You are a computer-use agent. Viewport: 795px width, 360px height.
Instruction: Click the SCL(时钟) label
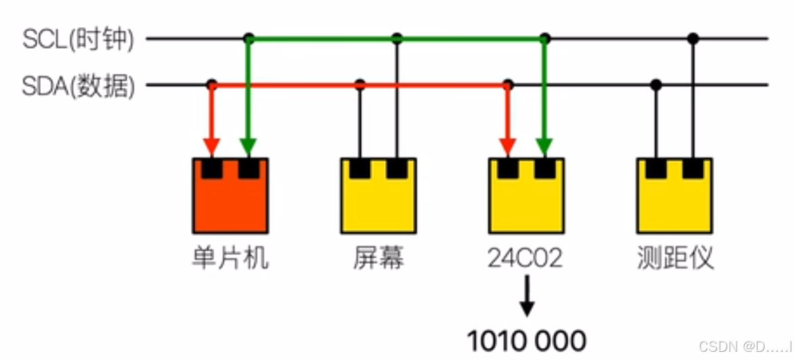coord(79,39)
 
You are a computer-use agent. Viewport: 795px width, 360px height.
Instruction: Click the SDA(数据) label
coord(79,86)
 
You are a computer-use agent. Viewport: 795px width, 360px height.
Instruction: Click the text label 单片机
coord(230,258)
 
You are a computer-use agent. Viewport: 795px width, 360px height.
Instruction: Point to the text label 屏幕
coord(378,258)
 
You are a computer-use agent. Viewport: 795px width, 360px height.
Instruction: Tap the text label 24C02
coord(525,258)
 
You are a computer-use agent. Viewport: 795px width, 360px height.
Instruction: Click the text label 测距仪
coord(676,258)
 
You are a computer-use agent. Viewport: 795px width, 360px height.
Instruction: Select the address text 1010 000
coord(526,340)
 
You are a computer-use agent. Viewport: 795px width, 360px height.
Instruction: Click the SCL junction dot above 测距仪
coord(693,39)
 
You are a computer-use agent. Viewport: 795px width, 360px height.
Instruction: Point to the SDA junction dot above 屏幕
coord(360,85)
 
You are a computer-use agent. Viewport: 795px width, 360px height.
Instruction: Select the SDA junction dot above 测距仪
coord(656,85)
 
